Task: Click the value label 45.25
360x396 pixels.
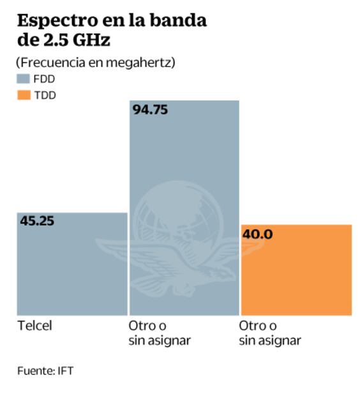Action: tap(37, 222)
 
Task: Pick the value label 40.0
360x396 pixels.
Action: tap(257, 234)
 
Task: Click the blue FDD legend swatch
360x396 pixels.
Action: tap(24, 79)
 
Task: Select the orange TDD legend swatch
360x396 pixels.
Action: tap(24, 95)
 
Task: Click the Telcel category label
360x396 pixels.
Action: tap(34, 326)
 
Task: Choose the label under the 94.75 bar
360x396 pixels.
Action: tap(160, 333)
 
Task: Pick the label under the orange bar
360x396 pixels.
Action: tap(269, 333)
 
